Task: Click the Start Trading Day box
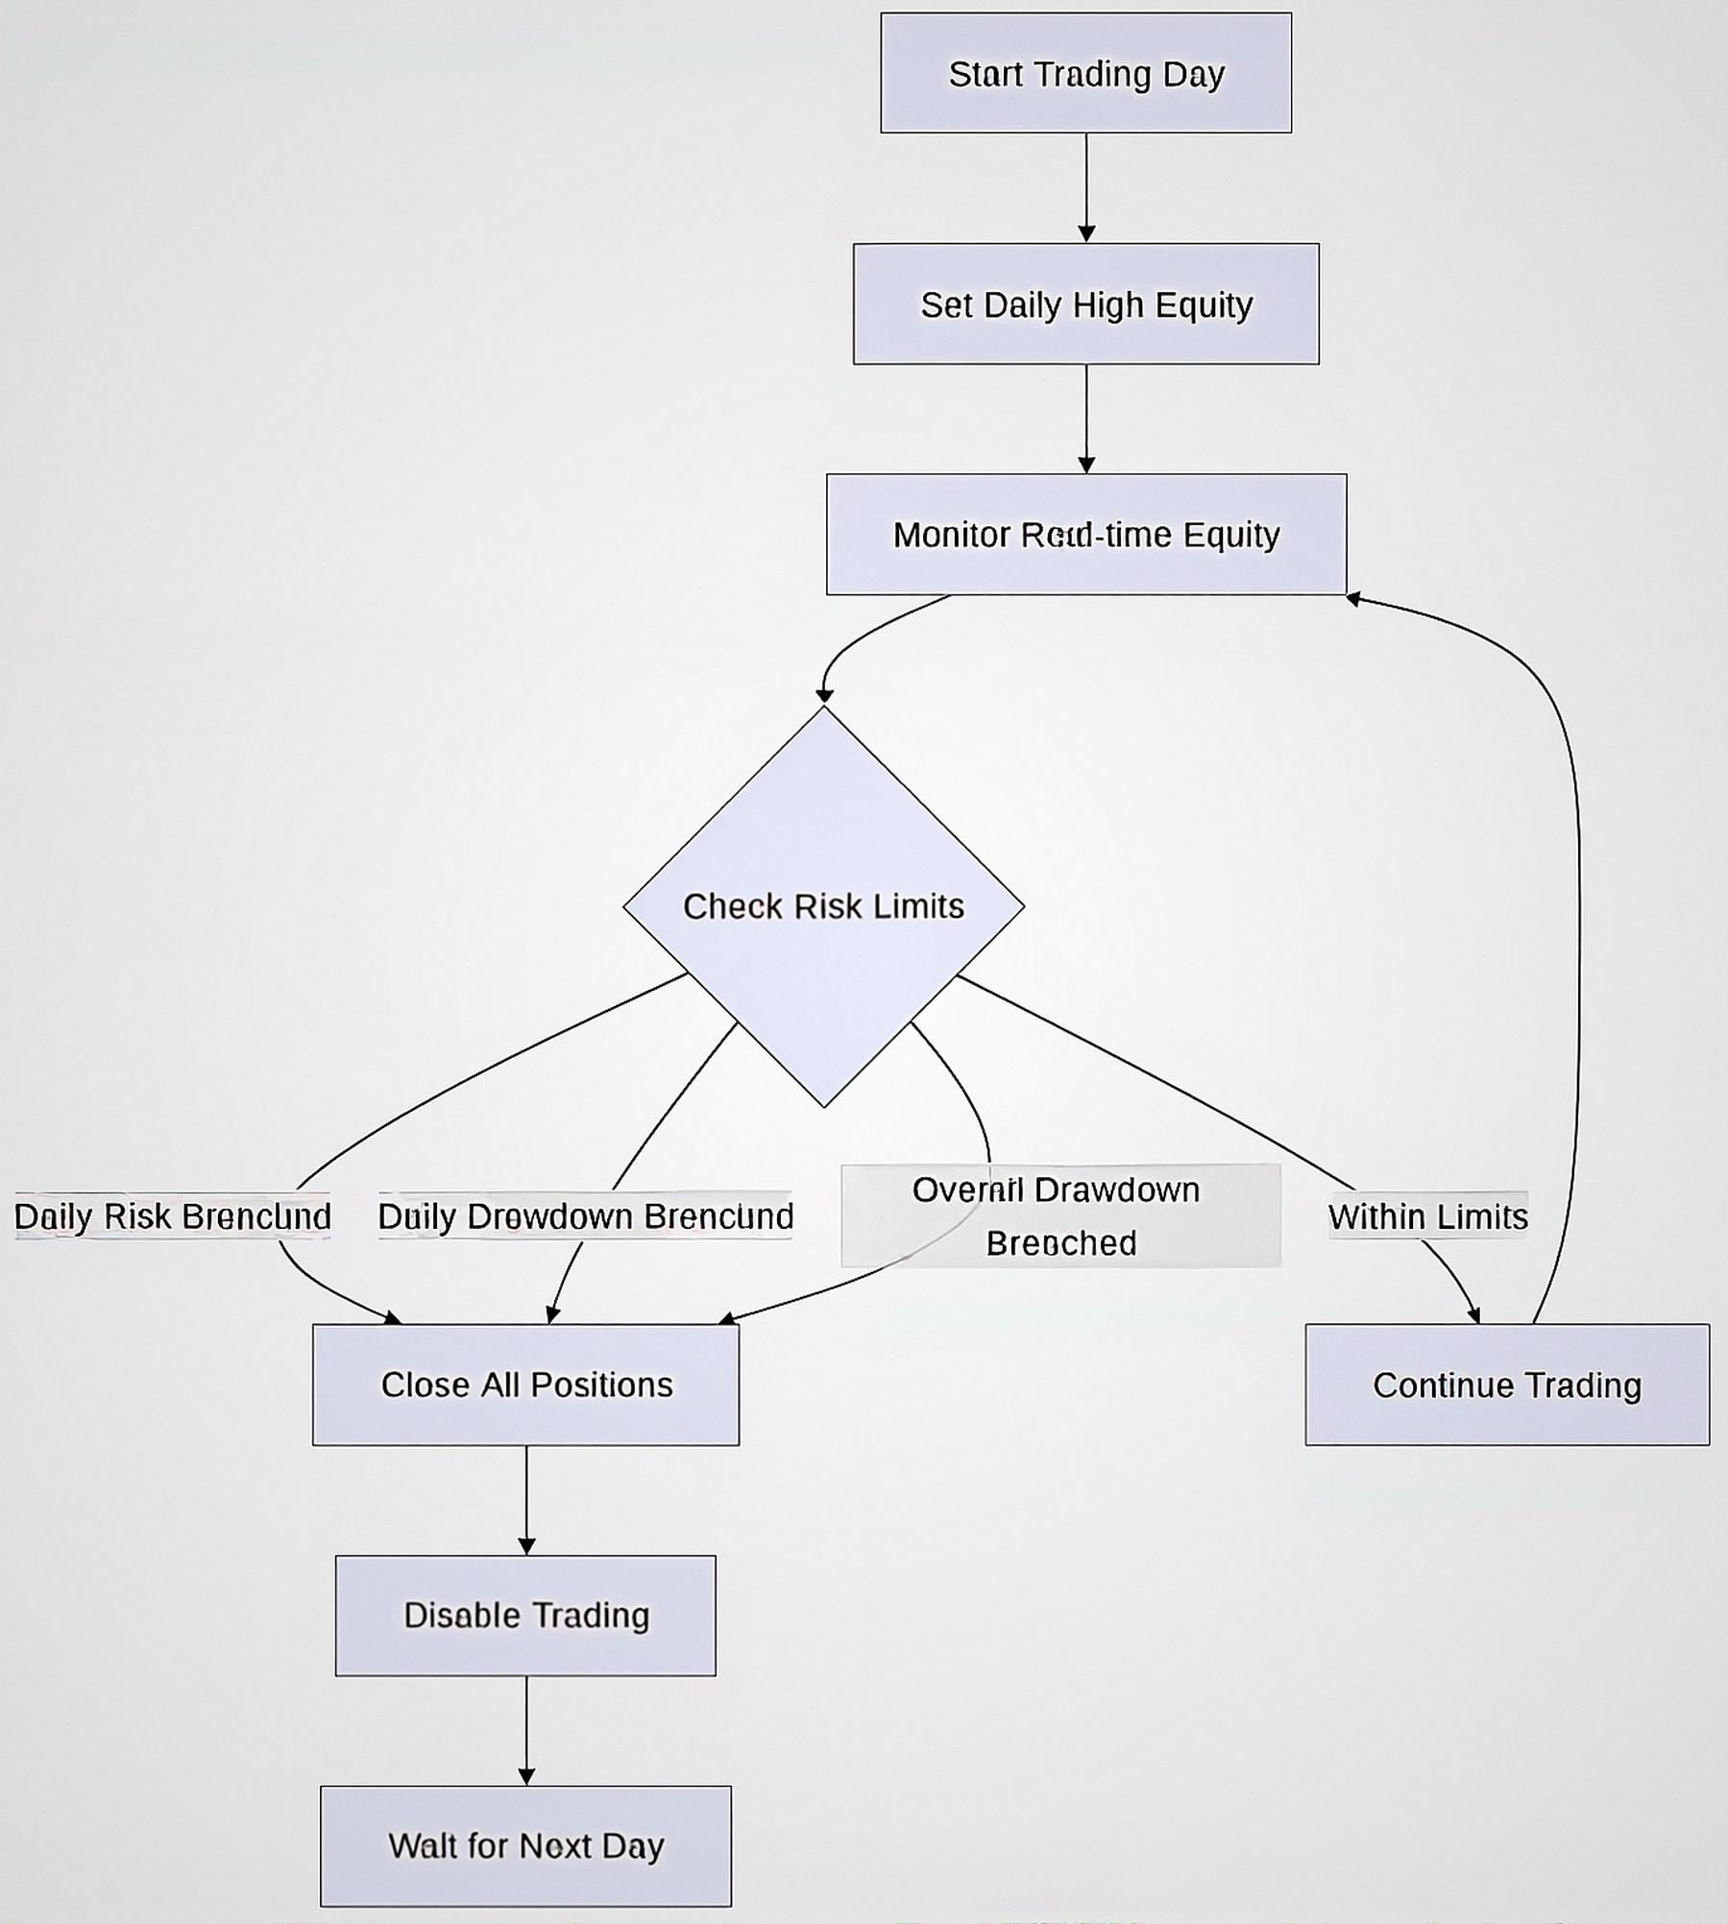pyautogui.click(x=1085, y=73)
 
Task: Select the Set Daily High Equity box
pyautogui.click(x=1085, y=303)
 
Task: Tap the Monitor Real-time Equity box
pyautogui.click(x=1085, y=534)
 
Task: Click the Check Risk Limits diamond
pyautogui.click(x=823, y=905)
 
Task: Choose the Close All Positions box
pyautogui.click(x=525, y=1384)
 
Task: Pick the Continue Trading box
pyautogui.click(x=1506, y=1384)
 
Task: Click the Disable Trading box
pyautogui.click(x=525, y=1615)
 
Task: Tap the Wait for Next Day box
pyautogui.click(x=525, y=1845)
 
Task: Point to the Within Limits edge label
pyautogui.click(x=1427, y=1216)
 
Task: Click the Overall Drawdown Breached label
pyautogui.click(x=1059, y=1215)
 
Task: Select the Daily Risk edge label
pyautogui.click(x=173, y=1216)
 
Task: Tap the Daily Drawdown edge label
pyautogui.click(x=585, y=1216)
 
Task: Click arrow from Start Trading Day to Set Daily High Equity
pyautogui.click(x=1086, y=187)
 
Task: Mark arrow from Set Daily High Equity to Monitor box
pyautogui.click(x=1086, y=418)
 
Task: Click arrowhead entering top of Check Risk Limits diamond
pyautogui.click(x=824, y=694)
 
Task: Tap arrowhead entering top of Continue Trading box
pyautogui.click(x=1474, y=1314)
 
